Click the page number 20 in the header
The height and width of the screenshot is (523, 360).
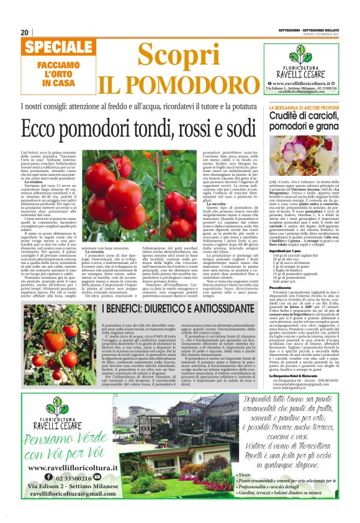click(25, 32)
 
